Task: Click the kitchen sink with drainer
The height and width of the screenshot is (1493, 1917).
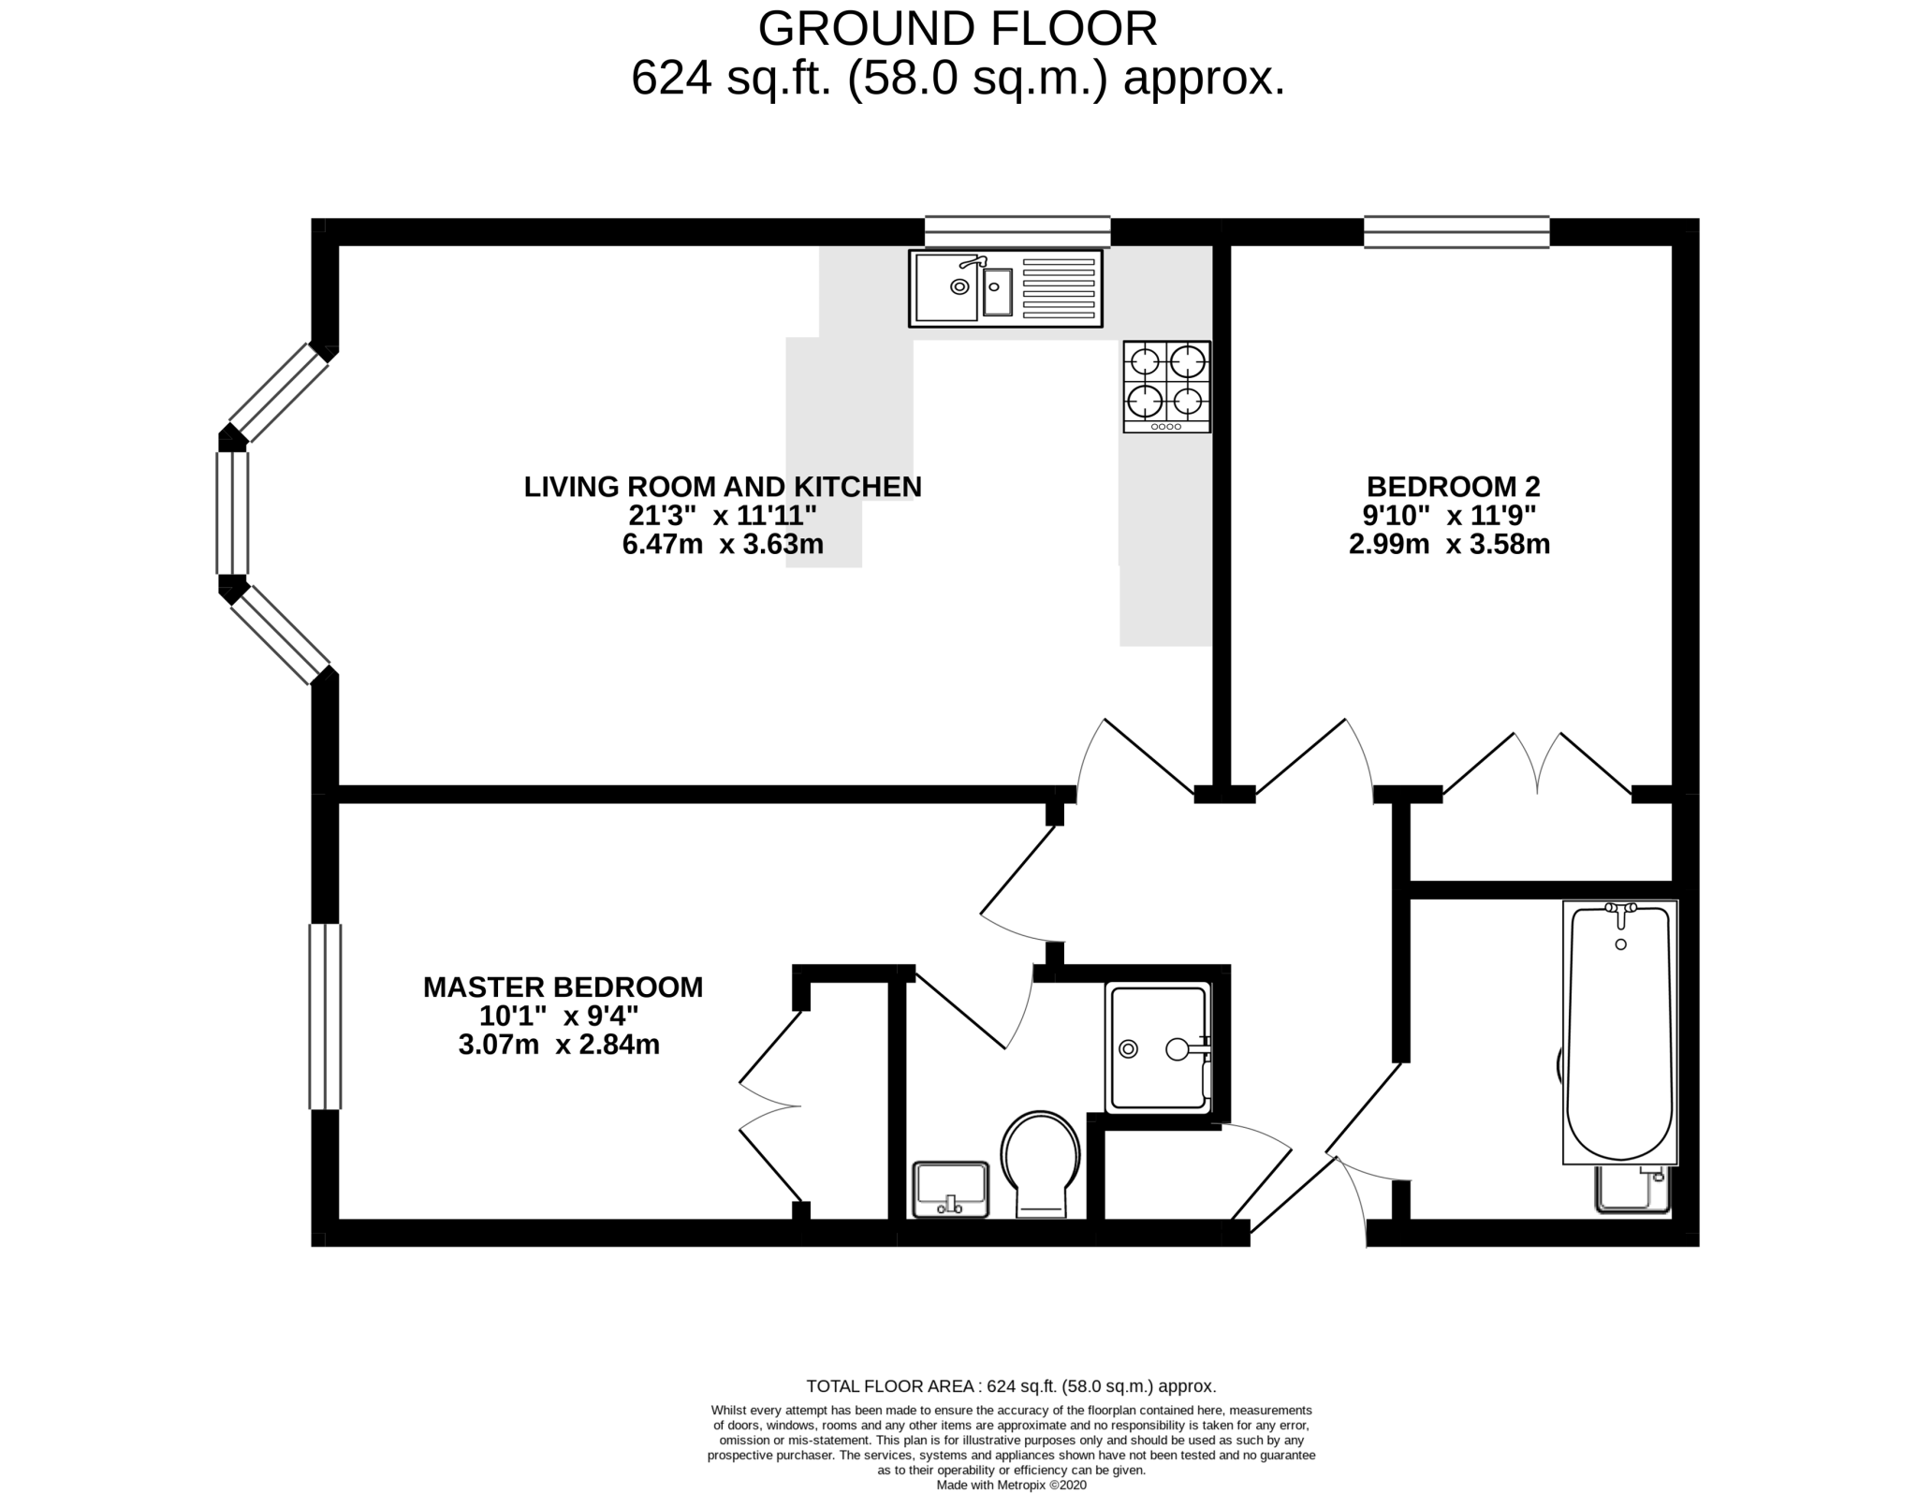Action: coord(1005,287)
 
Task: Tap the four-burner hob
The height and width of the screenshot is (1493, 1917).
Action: coord(1166,387)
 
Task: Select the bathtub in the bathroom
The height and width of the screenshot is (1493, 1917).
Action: coord(1619,1032)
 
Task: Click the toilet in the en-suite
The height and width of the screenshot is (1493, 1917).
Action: coord(1041,1164)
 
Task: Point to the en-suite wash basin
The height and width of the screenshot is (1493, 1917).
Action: coord(951,1190)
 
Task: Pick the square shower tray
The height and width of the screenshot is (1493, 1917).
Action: coord(1158,1048)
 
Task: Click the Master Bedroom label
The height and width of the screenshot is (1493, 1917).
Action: coord(563,987)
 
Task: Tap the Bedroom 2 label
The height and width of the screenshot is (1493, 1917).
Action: coord(1453,487)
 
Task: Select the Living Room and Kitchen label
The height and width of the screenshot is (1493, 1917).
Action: coord(723,487)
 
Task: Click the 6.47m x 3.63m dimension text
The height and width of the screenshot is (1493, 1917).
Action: coord(723,544)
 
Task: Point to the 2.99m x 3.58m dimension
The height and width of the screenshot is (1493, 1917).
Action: coord(1449,544)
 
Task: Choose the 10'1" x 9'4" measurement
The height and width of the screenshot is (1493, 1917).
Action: coord(559,1016)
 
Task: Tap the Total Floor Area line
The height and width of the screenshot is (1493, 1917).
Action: coord(1011,1386)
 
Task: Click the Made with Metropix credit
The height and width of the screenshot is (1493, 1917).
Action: coord(1011,1485)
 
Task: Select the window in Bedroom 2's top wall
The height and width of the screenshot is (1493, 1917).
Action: coord(1456,231)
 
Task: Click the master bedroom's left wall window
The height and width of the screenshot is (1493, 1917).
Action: coord(325,1017)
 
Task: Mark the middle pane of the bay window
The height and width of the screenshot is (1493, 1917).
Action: coord(232,513)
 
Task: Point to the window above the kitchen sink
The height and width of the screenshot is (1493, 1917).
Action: coord(1017,231)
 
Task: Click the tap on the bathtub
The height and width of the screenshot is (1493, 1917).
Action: coord(1621,914)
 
